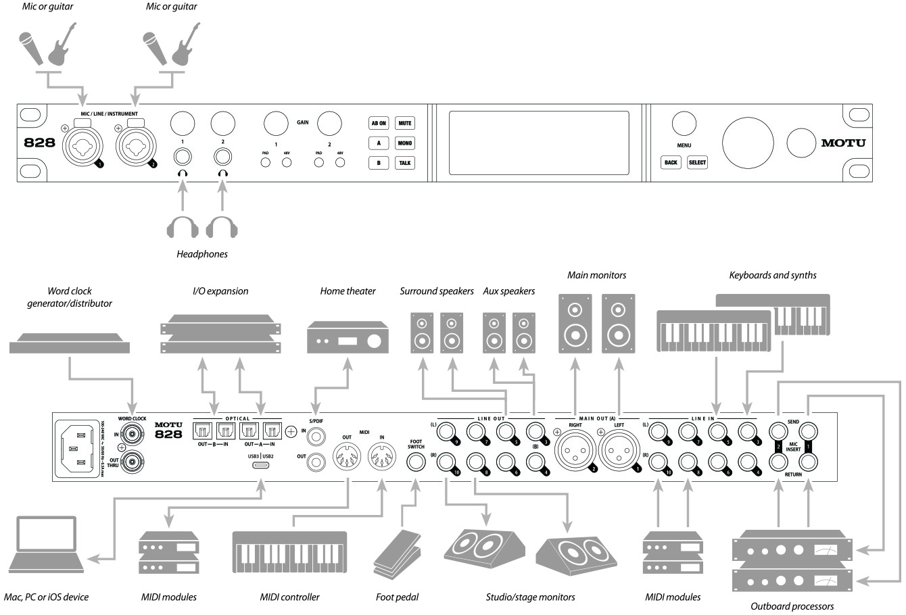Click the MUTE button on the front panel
(405, 123)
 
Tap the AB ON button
(379, 123)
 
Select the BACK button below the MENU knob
(671, 163)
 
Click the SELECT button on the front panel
(697, 163)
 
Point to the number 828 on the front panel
(40, 143)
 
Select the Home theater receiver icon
(348, 337)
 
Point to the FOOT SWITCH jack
(416, 463)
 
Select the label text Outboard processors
(792, 606)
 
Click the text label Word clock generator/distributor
(70, 297)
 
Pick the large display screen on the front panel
(539, 143)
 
